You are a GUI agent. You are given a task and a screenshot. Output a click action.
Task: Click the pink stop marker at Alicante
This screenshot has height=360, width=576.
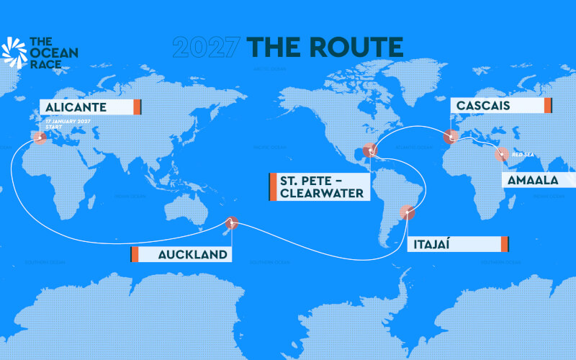(x=39, y=137)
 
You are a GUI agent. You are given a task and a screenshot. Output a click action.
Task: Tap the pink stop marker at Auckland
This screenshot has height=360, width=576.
(x=232, y=222)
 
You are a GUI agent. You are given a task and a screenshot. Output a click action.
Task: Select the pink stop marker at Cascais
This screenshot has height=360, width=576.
(x=451, y=135)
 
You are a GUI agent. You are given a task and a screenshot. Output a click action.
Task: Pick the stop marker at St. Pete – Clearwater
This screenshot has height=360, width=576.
(x=370, y=151)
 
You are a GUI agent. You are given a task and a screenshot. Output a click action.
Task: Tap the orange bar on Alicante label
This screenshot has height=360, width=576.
(x=136, y=107)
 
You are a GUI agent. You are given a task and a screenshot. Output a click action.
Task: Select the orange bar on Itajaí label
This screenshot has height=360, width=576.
(x=505, y=243)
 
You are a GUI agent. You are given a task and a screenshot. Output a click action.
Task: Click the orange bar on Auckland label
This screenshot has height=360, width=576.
(x=134, y=254)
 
